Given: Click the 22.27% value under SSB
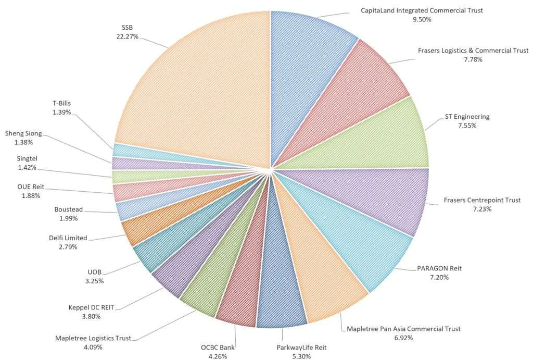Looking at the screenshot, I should point(128,37).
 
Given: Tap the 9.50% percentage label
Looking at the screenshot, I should point(422,19).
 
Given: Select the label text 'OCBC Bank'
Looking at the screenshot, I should point(215,347).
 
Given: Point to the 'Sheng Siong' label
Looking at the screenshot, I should point(23,133).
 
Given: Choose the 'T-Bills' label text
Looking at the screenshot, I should point(61,103).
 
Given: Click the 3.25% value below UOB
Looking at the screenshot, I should point(95,281).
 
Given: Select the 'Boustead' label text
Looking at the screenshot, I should point(69,209).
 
